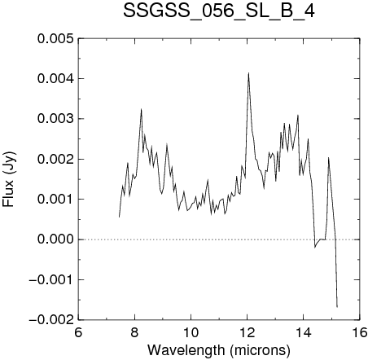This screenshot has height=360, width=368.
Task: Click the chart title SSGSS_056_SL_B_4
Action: [x=219, y=11]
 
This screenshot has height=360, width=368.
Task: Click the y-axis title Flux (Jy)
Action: [x=9, y=179]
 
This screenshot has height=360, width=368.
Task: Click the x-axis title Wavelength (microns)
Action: [x=219, y=350]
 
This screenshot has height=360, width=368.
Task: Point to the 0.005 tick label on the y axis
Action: [x=55, y=39]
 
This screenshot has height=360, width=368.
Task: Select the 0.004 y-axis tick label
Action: [x=55, y=79]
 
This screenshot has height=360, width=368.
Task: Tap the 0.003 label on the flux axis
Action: [x=55, y=119]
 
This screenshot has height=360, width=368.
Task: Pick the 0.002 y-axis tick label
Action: [x=55, y=159]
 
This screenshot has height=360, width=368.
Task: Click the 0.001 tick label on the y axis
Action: [x=55, y=200]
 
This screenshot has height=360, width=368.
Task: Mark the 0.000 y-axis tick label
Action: [x=55, y=239]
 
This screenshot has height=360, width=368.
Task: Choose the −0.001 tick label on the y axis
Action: [x=51, y=279]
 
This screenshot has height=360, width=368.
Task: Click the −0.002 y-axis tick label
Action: [x=51, y=320]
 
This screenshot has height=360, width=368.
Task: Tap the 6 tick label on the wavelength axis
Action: [x=78, y=332]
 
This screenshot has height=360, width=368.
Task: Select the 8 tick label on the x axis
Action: [x=134, y=332]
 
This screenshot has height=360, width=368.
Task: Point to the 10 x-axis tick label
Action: [x=191, y=332]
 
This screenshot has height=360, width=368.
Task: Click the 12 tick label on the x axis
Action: [x=248, y=332]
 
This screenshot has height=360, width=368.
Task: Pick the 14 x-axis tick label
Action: [x=304, y=332]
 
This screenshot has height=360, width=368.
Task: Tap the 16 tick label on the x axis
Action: [x=360, y=332]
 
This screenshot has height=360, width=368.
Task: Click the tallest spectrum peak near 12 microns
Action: [x=248, y=73]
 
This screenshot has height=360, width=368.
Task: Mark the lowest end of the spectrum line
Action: [x=337, y=307]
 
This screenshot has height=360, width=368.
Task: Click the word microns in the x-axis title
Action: [x=260, y=350]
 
